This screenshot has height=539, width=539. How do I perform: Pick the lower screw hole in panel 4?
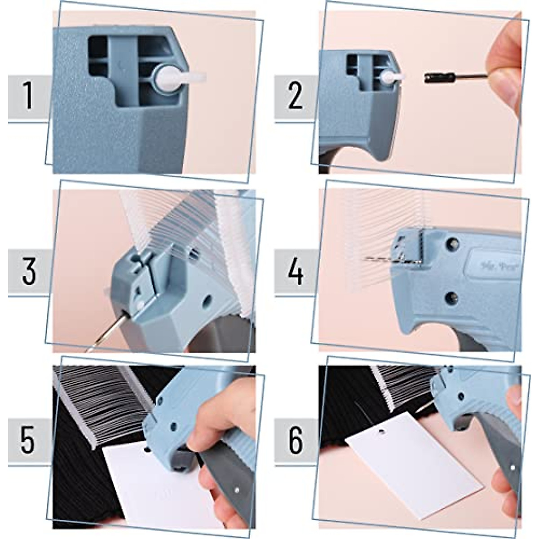click(x=451, y=296)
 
